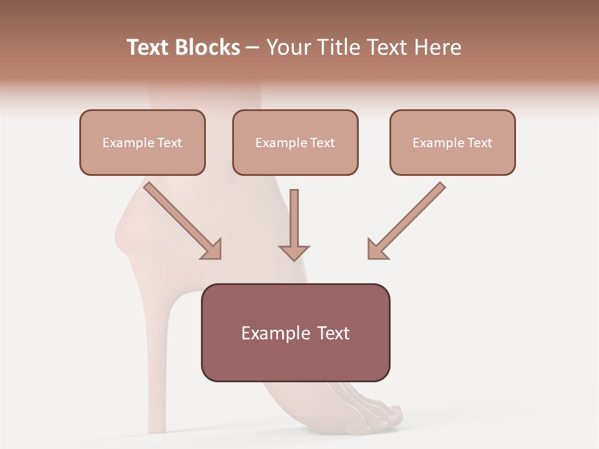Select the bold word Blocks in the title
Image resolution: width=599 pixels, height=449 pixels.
pyautogui.click(x=208, y=47)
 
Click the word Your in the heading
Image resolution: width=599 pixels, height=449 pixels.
pyautogui.click(x=289, y=47)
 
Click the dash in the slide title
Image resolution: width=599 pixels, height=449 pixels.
pyautogui.click(x=253, y=47)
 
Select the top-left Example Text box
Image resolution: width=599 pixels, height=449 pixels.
pyautogui.click(x=142, y=142)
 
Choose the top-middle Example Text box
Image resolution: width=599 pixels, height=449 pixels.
pyautogui.click(x=295, y=142)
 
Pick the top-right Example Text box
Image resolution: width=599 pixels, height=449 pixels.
pyautogui.click(x=452, y=142)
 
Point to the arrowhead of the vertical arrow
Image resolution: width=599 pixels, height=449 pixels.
pyautogui.click(x=294, y=253)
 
